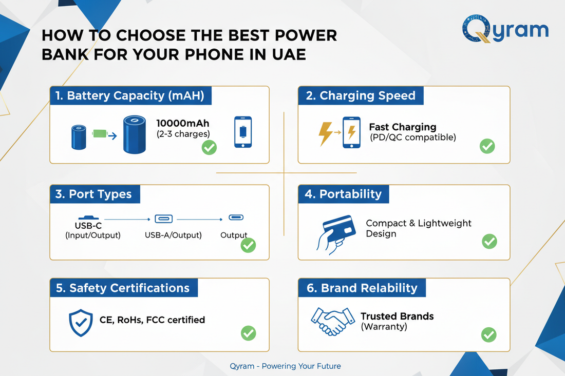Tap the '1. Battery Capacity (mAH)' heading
pos(130,96)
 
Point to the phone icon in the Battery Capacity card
pos(243,132)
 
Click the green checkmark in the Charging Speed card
pos(487,146)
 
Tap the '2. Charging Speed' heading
pos(361,96)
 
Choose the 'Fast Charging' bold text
pos(402,127)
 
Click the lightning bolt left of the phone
pos(325,134)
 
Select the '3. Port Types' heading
pos(94,194)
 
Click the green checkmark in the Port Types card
pos(248,245)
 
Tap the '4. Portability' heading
pos(344,194)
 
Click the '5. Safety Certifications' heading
pos(123,288)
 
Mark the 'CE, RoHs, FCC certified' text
pos(152,320)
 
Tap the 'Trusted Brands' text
pos(397,316)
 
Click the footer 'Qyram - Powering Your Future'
pos(286,366)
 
